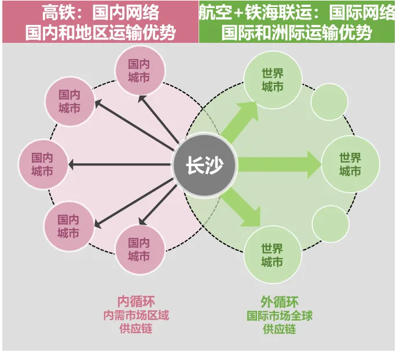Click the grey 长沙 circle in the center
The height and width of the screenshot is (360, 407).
205,165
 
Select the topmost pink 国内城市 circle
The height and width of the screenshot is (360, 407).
140,71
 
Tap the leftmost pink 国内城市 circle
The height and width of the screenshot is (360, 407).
42,164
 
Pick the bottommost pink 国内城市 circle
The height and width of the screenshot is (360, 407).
140,249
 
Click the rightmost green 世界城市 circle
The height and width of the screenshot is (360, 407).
350,164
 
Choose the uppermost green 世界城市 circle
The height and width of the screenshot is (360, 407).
272,80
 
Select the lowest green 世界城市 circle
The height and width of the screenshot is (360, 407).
272,255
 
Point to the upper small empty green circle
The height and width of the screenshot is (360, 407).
329,102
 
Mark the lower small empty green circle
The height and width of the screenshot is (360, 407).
331,225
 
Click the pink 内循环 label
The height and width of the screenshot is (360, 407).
136,302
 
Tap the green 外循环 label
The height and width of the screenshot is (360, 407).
280,302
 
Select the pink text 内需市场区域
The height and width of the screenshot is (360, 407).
136,315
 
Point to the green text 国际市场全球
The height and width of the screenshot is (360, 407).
280,316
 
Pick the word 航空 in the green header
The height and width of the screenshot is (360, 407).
211,12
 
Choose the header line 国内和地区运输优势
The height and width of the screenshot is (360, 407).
100,32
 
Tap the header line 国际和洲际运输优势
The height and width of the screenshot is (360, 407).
297,32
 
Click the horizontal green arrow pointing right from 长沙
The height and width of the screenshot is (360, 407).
278,165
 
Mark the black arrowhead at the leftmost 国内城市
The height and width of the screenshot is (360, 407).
72,165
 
